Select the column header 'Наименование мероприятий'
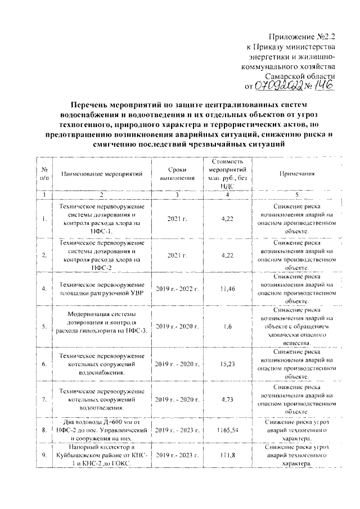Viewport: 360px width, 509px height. tap(102, 174)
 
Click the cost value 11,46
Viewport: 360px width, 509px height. tap(227, 288)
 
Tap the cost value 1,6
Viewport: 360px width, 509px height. tap(227, 326)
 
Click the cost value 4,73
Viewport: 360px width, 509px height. tap(227, 400)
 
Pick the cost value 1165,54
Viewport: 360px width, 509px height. tap(227, 430)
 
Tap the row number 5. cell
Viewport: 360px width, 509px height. tap(44, 326)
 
